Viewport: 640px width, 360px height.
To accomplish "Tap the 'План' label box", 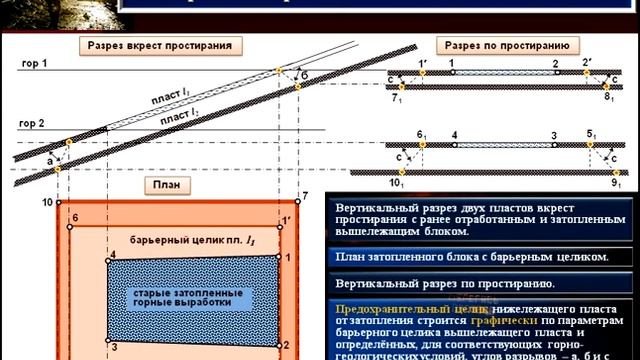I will point(160,184).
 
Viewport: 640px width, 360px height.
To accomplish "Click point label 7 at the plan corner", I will point(307,194).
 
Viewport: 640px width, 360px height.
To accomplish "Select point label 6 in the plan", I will point(74,217).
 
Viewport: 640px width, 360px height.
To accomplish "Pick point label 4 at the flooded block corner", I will point(113,256).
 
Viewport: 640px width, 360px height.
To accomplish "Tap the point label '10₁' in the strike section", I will point(398,186).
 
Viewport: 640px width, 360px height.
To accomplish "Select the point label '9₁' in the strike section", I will point(617,186).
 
